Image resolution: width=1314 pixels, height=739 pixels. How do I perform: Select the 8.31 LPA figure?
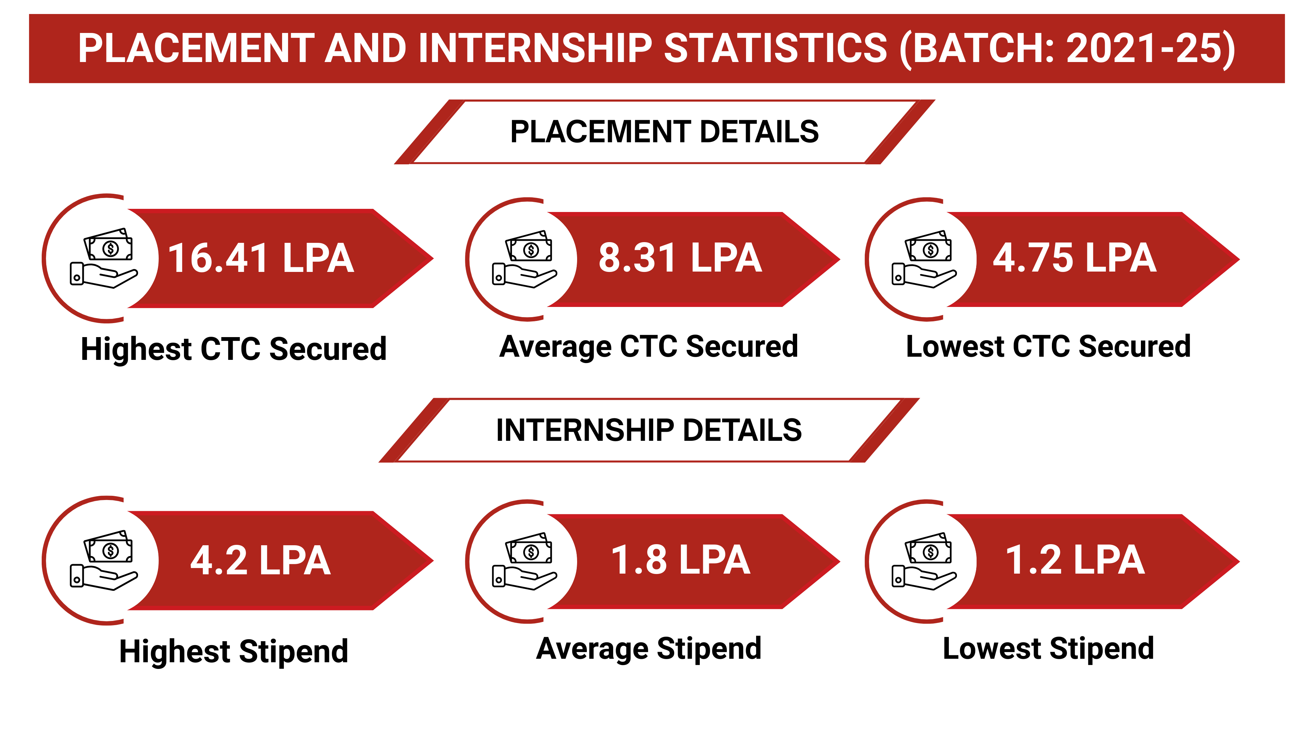coord(680,258)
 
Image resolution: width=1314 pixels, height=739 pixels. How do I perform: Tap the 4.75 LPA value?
coord(1074,258)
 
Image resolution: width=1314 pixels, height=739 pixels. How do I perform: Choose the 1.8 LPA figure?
coord(680,560)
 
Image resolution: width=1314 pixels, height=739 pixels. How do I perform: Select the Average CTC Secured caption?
coord(648,347)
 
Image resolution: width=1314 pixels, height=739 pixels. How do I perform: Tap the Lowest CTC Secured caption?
coord(1048,347)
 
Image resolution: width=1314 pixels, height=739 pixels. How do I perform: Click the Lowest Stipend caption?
coord(1048,649)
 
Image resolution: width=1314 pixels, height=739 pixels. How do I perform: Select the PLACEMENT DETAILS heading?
coord(664,132)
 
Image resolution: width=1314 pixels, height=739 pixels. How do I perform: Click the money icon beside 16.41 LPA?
coord(104,258)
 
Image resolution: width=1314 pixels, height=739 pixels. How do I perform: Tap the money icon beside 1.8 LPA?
coord(525,561)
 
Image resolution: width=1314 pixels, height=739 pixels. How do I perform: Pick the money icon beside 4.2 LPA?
coord(104,561)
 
